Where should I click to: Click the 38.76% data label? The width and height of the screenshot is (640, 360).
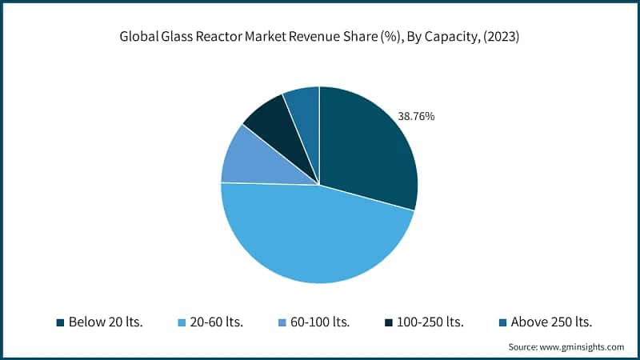tap(416, 117)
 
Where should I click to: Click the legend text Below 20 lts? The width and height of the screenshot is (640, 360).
tap(106, 322)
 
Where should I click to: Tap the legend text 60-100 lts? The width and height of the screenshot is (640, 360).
tap(322, 322)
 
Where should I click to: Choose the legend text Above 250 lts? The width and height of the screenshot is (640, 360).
tap(550, 322)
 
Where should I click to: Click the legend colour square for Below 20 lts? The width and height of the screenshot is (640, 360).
tap(60, 323)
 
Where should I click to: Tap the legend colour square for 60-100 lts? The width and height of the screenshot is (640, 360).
tap(280, 323)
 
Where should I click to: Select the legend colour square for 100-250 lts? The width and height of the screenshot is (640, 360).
tap(390, 323)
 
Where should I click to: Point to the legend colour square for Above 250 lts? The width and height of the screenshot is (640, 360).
tap(501, 323)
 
